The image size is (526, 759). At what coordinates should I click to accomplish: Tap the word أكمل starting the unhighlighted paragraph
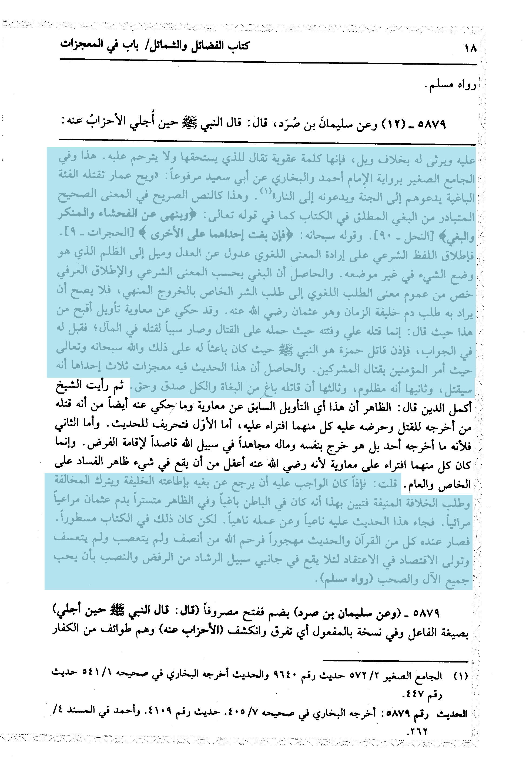[x=460, y=408]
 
